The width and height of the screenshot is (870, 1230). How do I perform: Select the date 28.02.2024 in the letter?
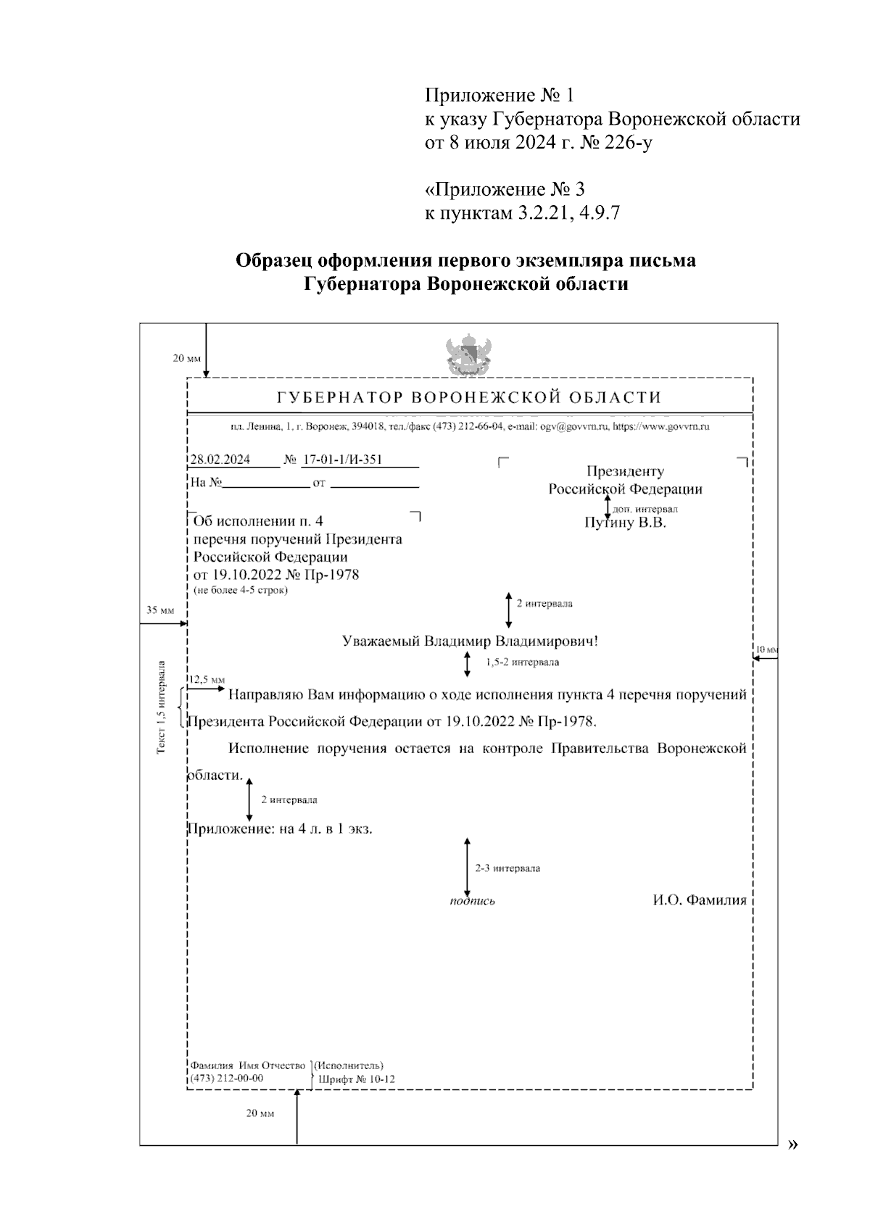[220, 460]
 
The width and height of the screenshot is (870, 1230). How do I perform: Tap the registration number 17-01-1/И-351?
[341, 460]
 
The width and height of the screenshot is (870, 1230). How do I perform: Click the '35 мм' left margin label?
[160, 610]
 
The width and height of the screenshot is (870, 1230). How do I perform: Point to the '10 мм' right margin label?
[766, 649]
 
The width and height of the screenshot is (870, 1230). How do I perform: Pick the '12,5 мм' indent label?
[207, 679]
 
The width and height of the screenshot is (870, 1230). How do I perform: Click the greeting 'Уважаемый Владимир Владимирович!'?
[470, 641]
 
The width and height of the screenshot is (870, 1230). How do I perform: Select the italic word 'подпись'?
[472, 901]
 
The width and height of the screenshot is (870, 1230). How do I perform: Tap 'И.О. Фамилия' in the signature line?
[699, 900]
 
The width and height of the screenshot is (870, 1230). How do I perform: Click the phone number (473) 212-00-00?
[226, 1078]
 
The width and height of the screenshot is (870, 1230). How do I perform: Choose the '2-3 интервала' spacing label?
[507, 868]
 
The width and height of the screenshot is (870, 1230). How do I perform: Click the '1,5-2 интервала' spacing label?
[522, 662]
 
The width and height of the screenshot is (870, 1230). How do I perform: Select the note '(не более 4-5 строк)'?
[240, 590]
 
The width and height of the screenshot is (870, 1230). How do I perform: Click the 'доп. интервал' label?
[645, 509]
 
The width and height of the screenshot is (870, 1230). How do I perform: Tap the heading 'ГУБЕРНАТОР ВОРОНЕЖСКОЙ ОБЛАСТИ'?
[470, 397]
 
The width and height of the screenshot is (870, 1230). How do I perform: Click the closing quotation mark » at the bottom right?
[793, 1144]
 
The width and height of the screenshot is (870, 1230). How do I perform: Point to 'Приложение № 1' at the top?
[499, 95]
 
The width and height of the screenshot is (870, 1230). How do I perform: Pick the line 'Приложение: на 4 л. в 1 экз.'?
[281, 828]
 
